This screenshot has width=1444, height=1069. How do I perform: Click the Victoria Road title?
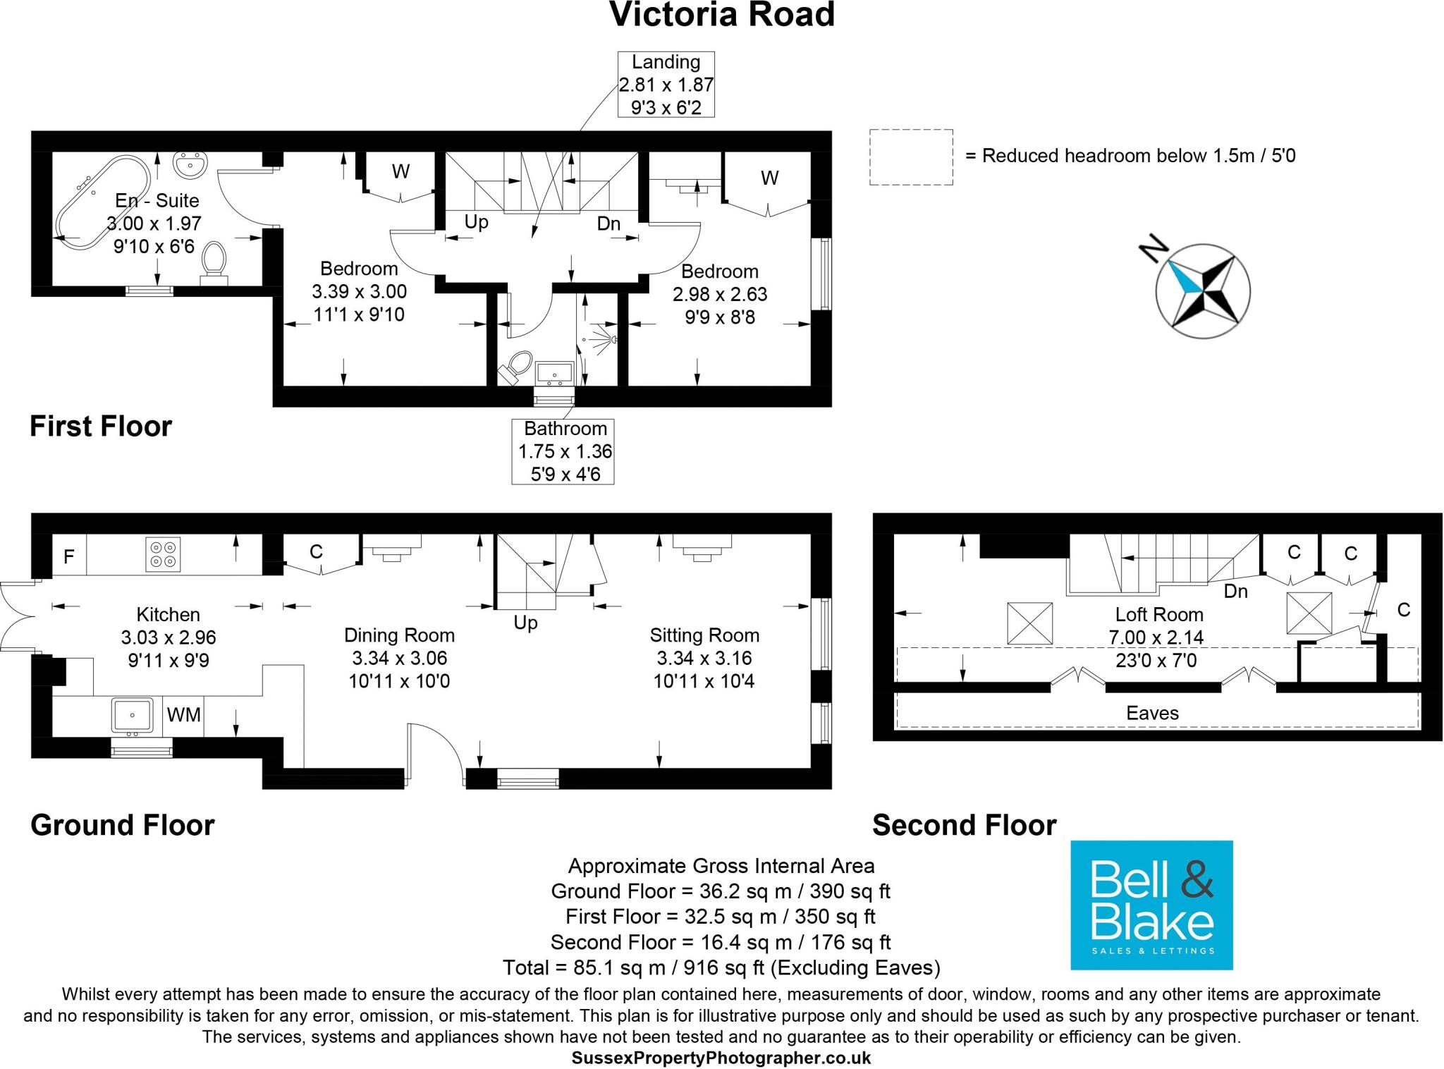tap(721, 15)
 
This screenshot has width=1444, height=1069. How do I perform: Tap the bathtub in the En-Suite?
tap(102, 202)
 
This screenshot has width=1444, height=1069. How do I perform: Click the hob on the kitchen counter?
tap(163, 554)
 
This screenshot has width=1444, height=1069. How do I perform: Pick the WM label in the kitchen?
tap(184, 715)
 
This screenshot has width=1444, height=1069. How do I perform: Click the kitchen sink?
tap(132, 715)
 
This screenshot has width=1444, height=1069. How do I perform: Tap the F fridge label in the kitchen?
tap(69, 557)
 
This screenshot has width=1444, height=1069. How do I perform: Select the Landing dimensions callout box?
tap(666, 85)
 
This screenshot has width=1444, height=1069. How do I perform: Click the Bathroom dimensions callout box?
tap(563, 451)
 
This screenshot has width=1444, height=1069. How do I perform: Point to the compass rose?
tap(1202, 290)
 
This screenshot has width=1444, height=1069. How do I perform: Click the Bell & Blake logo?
tap(1151, 905)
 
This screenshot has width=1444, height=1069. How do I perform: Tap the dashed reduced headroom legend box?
tap(910, 157)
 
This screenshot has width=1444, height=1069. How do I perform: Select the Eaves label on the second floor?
tap(1152, 713)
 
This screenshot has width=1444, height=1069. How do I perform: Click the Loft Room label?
tap(1158, 614)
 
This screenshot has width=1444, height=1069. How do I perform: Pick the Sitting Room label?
tap(704, 635)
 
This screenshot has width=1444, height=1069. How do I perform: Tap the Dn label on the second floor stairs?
tap(1235, 591)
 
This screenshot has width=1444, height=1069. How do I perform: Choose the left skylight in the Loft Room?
tap(1029, 623)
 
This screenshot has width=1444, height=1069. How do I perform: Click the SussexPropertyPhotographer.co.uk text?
tap(721, 1058)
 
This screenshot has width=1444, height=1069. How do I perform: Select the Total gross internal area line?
tap(721, 967)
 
